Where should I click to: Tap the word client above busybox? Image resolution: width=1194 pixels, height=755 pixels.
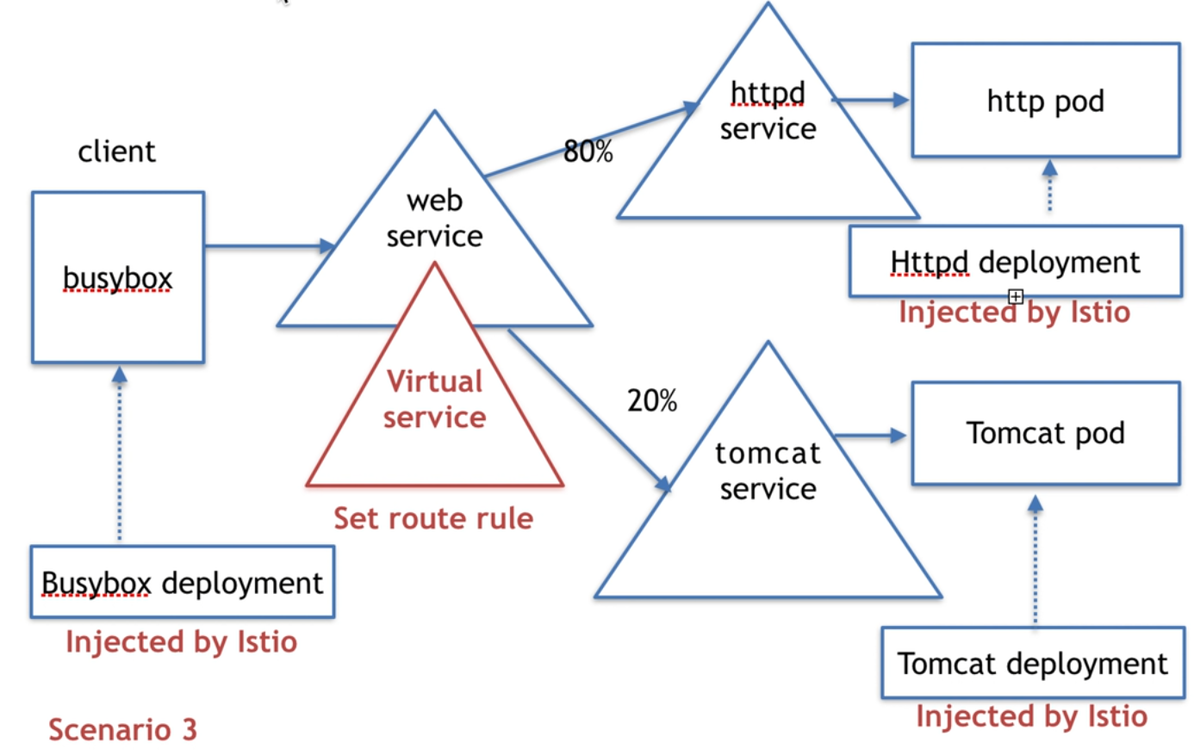pos(117,152)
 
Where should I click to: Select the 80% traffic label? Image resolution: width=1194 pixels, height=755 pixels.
pos(588,152)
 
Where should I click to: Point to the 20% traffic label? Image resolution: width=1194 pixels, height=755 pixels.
pos(652,400)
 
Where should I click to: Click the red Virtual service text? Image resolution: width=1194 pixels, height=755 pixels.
pos(434,399)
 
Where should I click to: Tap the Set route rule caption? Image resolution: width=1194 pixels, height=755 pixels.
pos(433,518)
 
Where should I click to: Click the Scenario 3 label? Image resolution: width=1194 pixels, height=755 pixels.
pos(122,729)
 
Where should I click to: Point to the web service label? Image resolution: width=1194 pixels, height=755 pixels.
pos(434,219)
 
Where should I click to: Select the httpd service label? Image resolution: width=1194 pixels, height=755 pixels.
pos(768,111)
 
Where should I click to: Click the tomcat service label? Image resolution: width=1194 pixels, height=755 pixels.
pos(768,471)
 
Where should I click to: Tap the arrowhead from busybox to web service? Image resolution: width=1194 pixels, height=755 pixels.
pos(327,245)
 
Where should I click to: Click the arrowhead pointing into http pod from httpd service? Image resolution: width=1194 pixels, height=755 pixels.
pos(901,100)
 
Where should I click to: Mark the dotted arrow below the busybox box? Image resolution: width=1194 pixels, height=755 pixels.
pos(120,454)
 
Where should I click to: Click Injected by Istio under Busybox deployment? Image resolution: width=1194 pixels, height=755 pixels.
pos(181,641)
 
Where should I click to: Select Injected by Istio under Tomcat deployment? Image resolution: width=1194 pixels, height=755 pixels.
pos(1031,716)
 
